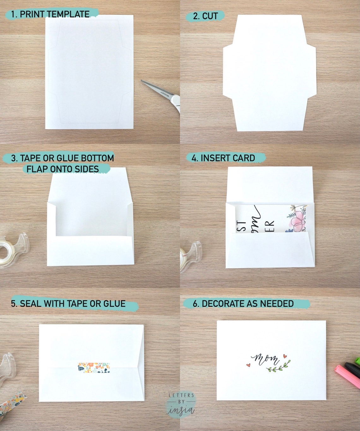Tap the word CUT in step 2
pyautogui.click(x=210, y=16)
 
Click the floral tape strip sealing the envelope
pyautogui.click(x=94, y=368)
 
